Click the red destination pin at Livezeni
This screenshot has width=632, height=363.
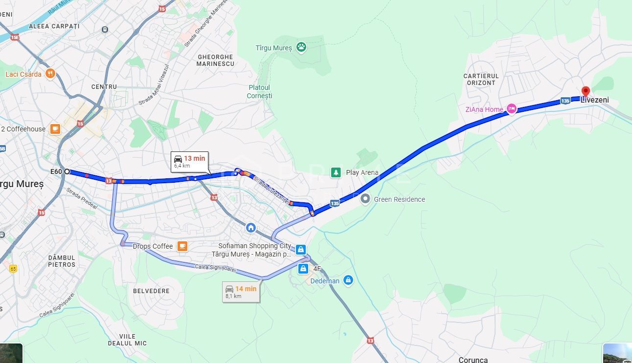point(586,91)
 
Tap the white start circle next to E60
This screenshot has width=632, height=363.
point(67,171)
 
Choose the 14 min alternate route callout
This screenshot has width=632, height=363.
point(241,292)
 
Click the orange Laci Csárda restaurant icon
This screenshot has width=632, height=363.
point(50,74)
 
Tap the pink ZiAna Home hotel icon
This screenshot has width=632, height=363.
point(511,109)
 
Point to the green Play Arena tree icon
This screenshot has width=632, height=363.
point(336,172)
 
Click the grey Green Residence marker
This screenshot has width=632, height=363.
point(365,199)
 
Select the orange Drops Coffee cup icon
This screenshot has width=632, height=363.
point(182,246)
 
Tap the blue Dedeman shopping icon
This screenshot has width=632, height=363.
point(348,280)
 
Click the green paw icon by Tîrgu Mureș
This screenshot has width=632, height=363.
point(301,47)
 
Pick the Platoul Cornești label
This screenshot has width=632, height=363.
point(259,92)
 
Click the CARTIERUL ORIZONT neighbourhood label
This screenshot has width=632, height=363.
point(481,80)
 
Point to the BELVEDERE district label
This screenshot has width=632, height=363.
point(151,291)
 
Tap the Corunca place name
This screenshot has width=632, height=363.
point(473,360)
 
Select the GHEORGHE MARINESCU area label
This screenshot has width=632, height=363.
point(215,61)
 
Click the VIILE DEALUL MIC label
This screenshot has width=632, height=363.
point(127,340)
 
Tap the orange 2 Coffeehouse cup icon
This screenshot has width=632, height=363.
point(55,129)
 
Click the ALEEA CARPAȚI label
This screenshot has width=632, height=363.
point(54,26)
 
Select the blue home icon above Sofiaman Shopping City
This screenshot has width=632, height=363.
point(251,228)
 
